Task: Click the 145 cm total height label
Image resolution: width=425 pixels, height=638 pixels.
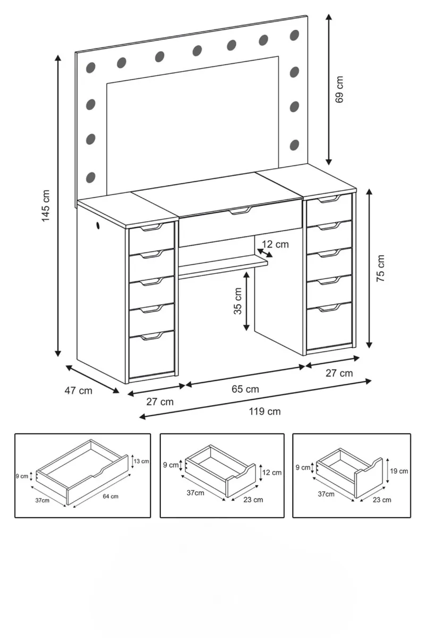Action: pos(46,205)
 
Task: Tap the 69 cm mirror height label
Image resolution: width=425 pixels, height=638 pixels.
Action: pos(339,89)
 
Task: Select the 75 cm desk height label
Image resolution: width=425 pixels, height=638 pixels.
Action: pos(380,268)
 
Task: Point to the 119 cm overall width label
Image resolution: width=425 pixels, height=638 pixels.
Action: pos(265,412)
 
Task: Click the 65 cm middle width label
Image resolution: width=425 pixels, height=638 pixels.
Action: pos(245,389)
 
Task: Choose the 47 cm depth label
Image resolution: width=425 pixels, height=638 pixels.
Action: pos(78,390)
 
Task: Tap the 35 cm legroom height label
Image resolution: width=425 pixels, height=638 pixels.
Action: pos(237,301)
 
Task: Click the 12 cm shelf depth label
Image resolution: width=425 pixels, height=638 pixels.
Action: pos(275,245)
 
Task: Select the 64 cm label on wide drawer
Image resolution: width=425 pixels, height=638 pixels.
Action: pos(110,496)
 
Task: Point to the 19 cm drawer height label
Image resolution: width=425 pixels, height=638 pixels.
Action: pos(399,471)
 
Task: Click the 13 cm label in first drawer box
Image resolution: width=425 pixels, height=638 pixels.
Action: pos(141,461)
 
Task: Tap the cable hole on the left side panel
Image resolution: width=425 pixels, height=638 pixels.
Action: pos(98,225)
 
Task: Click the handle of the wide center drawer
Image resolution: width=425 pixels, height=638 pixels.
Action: pos(241,211)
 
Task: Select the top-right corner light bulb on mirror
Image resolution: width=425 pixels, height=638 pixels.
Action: pos(294,35)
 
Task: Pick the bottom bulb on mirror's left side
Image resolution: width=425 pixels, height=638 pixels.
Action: pos(90,177)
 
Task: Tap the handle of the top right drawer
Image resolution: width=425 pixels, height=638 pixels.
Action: pos(329,199)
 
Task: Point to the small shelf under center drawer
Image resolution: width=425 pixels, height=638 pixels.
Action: pos(223,265)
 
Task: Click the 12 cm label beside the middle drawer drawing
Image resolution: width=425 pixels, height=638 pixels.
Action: pos(272,473)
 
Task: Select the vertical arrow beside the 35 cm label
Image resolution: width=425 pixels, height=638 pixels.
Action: pos(246,301)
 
